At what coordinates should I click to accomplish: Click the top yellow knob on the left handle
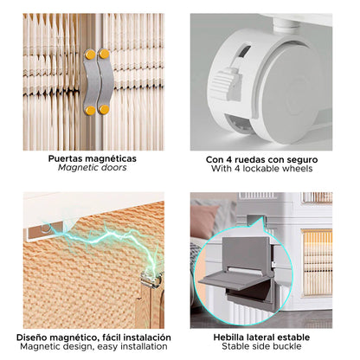point(90,55)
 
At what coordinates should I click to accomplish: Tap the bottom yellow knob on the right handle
point(104,109)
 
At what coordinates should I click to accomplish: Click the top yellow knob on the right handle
point(104,54)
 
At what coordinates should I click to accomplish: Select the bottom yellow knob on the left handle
point(90,111)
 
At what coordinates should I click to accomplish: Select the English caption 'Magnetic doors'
point(93,168)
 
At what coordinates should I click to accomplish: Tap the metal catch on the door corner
point(151,279)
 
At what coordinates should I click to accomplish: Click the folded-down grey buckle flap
point(228,281)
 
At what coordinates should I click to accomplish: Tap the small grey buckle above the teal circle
point(254,219)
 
